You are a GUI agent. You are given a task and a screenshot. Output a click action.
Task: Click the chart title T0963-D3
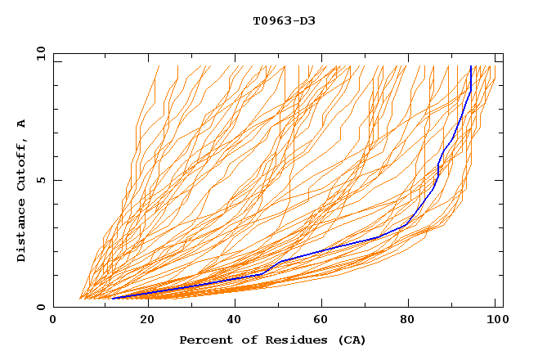click(x=284, y=20)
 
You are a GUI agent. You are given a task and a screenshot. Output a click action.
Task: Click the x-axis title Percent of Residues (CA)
click(x=272, y=340)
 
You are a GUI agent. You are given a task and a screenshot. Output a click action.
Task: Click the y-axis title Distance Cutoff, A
click(x=22, y=190)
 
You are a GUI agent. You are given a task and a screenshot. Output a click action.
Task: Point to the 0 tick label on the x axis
click(x=53, y=321)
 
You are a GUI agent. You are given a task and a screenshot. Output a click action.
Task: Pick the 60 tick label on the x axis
click(x=323, y=321)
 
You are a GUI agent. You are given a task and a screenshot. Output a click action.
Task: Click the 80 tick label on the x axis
click(x=411, y=321)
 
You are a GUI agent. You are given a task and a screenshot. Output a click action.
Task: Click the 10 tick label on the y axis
click(x=39, y=53)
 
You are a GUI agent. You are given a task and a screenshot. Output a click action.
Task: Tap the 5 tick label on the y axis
click(x=43, y=180)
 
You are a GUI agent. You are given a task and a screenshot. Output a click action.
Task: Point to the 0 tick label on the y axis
click(x=43, y=307)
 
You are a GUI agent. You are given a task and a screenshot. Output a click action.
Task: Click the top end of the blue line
click(x=471, y=67)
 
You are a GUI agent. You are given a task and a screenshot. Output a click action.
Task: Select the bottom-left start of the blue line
click(x=111, y=298)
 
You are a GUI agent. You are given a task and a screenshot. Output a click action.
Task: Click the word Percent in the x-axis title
click(x=202, y=340)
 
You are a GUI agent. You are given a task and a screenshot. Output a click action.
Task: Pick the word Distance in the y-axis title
click(x=22, y=232)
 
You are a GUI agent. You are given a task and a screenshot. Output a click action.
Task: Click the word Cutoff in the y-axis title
click(x=22, y=167)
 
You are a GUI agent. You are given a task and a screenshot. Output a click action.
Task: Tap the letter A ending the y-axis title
click(x=22, y=123)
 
